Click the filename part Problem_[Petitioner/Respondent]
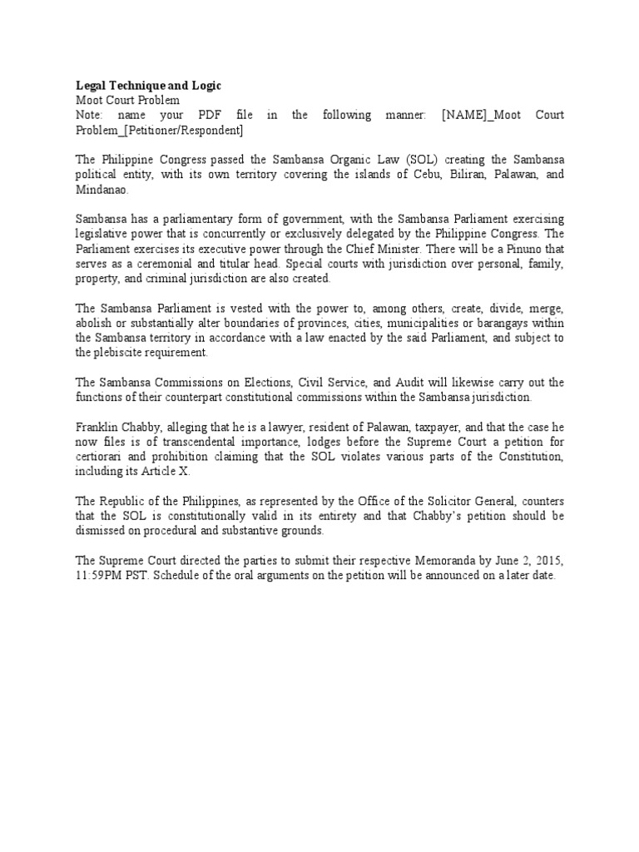tap(160, 130)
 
